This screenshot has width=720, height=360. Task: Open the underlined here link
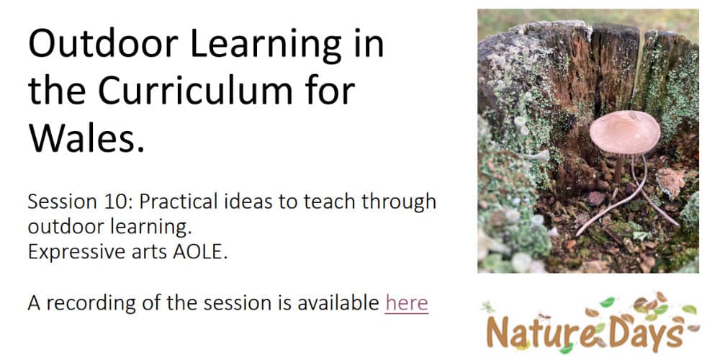point(406,303)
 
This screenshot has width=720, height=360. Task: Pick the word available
point(338,303)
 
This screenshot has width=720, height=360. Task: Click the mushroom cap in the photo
point(624,132)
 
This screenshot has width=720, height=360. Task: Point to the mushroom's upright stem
point(618,169)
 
